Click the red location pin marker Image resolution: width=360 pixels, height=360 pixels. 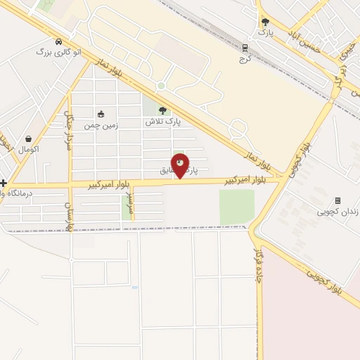point(180,165)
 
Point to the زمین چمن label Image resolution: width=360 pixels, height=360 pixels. point(103,125)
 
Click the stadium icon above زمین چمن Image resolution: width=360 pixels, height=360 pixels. point(101,114)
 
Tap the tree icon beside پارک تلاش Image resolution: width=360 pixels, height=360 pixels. point(163,110)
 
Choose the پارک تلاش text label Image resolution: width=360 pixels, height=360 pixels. point(164,121)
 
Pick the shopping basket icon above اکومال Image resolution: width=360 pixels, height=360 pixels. point(29,139)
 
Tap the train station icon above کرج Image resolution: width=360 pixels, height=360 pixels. point(245,48)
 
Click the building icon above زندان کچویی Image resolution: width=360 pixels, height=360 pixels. point(337,200)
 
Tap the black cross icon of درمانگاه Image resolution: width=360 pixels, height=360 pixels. point(4,183)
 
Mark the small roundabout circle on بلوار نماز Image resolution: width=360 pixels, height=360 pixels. point(161,86)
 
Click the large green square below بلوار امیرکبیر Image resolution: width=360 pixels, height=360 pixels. point(236,207)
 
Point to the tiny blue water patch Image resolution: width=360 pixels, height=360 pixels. point(134,288)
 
